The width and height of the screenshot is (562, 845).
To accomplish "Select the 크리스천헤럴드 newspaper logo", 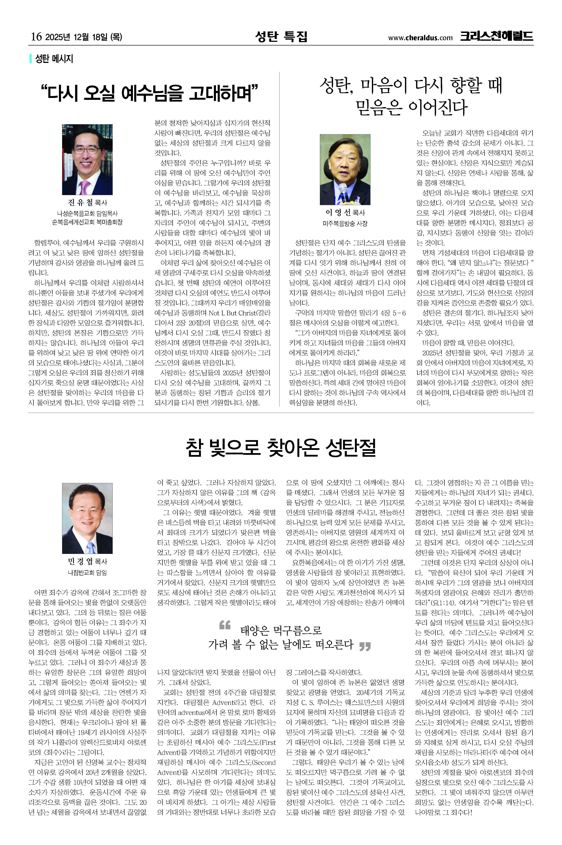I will click(x=496, y=36).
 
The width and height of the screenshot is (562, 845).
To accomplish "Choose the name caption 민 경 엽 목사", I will click(x=87, y=561).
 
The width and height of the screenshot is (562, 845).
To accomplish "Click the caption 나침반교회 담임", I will click(x=87, y=573).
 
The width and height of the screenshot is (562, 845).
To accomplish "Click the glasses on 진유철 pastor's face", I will click(x=86, y=151).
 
